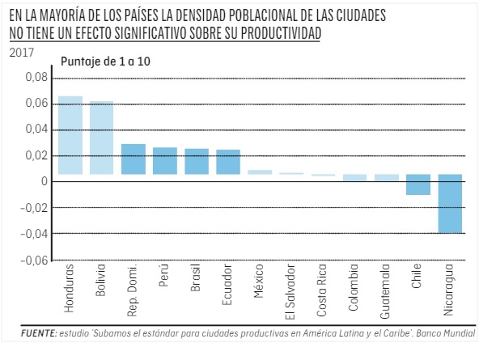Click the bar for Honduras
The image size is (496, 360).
tap(70, 135)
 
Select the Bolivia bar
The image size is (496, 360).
tap(102, 138)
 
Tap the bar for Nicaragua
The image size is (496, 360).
tap(450, 203)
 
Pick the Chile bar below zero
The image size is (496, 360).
tap(418, 184)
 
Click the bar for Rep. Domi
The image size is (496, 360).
tap(134, 159)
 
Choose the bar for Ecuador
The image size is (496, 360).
tap(228, 162)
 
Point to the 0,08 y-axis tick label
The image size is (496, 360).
tap(37, 78)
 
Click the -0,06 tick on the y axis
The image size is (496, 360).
tap(35, 260)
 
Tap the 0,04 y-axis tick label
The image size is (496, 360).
tap(37, 129)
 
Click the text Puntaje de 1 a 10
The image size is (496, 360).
tap(106, 61)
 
